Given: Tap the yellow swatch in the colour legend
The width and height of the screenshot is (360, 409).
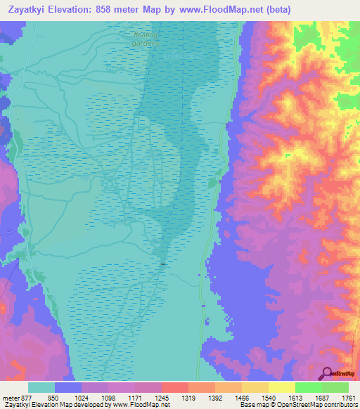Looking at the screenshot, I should (281, 387).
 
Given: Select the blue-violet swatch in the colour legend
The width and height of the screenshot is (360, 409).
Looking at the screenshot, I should (68, 387).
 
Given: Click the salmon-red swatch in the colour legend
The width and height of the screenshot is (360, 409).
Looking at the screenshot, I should (174, 387).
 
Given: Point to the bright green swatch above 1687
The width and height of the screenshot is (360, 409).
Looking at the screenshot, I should (308, 387).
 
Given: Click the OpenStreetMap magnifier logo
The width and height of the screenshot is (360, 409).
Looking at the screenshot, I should (328, 373).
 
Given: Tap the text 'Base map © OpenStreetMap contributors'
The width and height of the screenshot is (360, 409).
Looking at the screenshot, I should (297, 405).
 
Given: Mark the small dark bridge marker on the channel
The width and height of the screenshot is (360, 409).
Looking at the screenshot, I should (162, 264).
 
